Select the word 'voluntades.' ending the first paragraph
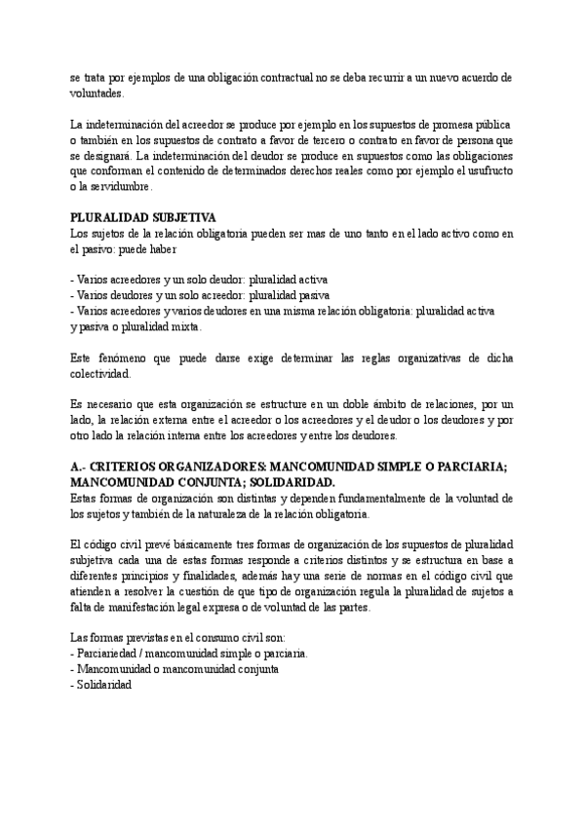98,94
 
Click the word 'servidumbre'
122,186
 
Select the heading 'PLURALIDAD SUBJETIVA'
143,217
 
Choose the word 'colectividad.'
99,372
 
